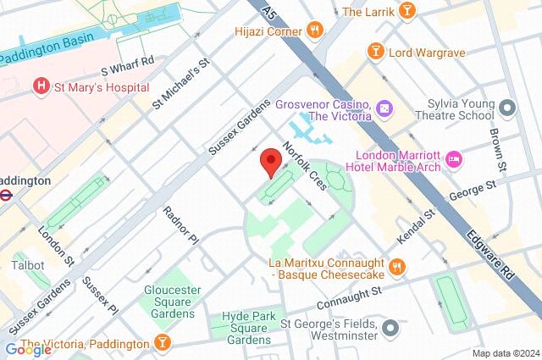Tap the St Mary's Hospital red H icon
coord(39,86)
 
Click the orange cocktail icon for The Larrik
coord(407,11)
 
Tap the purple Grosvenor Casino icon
coord(384,108)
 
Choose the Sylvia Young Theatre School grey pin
coord(506,108)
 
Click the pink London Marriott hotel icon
coord(454,158)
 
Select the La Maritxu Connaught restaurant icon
coord(398,269)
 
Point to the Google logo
coord(28,349)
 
